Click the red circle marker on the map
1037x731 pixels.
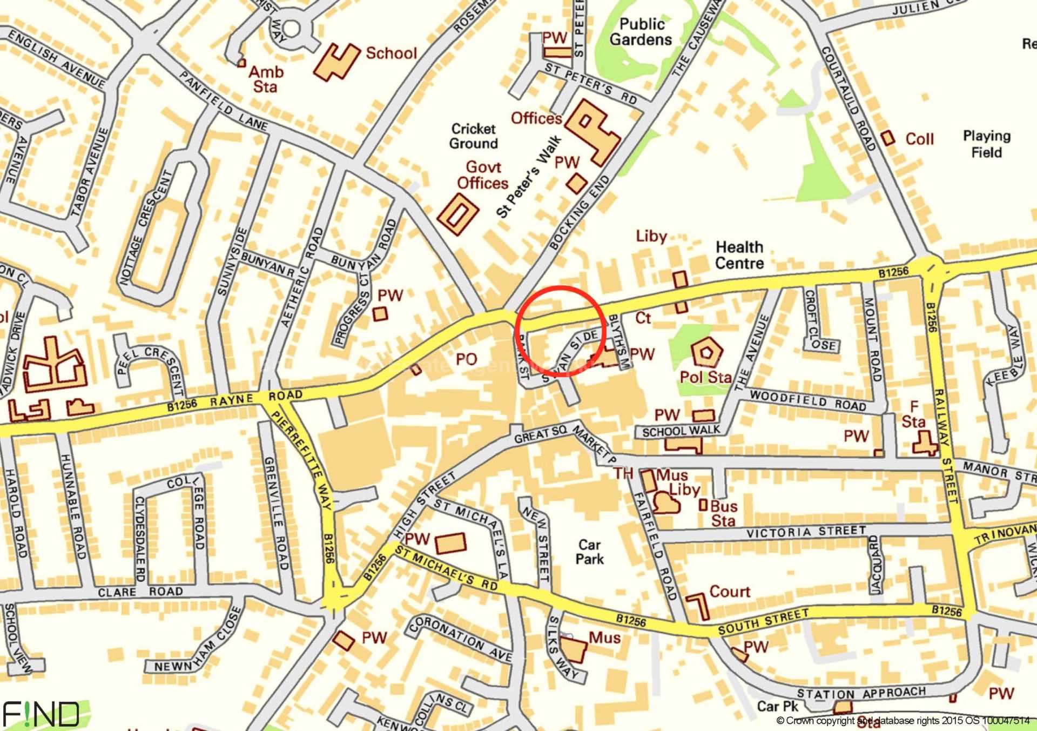(x=559, y=331)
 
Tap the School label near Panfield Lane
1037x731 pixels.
(x=391, y=53)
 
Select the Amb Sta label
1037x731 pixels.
(x=266, y=79)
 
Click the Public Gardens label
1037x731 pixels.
(x=641, y=32)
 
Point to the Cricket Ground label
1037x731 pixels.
(x=474, y=136)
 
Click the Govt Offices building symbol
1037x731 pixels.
(x=457, y=214)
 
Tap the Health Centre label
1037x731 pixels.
(x=739, y=255)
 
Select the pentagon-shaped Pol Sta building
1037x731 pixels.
(x=706, y=352)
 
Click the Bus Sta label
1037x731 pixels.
(x=724, y=513)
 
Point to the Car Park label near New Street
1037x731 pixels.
(x=589, y=552)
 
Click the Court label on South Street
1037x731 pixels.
(x=730, y=592)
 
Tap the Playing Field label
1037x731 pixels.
(x=986, y=144)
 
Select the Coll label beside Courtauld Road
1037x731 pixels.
(x=919, y=139)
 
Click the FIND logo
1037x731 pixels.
(x=41, y=714)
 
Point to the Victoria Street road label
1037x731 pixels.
(x=806, y=532)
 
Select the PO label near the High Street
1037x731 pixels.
(x=466, y=359)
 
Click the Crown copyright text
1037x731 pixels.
(x=903, y=720)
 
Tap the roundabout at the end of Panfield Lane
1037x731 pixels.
(x=291, y=29)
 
